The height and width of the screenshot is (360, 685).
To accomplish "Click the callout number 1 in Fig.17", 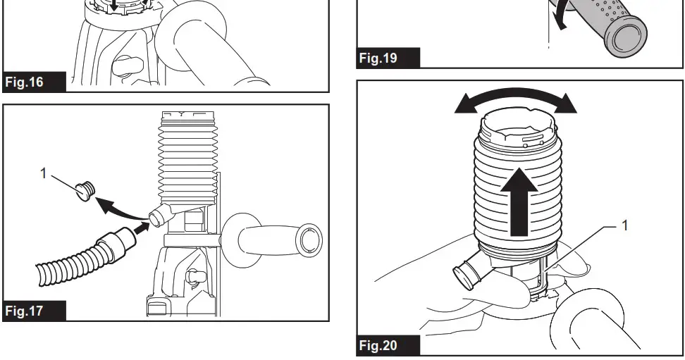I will pos(43,173).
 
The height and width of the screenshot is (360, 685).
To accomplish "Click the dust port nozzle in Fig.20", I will pos(467,273).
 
